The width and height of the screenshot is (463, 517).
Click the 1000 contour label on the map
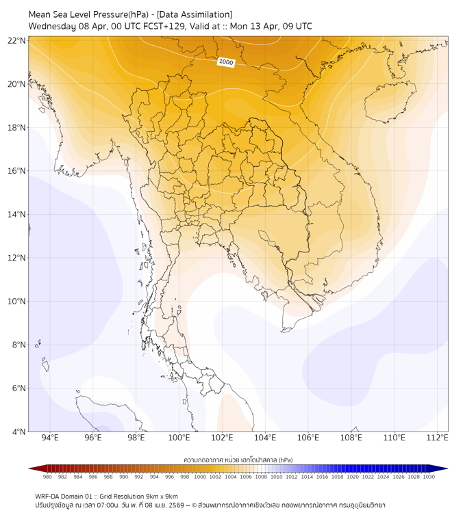click(x=226, y=63)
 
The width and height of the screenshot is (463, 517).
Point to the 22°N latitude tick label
click(x=17, y=40)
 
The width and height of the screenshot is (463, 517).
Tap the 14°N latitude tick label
click(x=17, y=215)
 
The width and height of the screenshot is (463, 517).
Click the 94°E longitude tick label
click(x=50, y=438)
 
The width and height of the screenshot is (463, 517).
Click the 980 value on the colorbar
click(x=47, y=477)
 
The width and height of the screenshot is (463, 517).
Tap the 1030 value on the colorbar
click(x=429, y=477)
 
